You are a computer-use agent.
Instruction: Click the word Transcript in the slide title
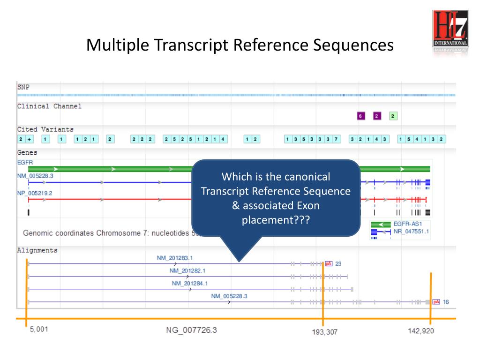(x=184, y=45)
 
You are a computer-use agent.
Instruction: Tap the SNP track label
(x=22, y=87)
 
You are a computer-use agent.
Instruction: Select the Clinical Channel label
(x=49, y=106)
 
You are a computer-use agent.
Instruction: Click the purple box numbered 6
(x=360, y=116)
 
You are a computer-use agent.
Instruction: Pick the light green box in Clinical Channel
(x=393, y=116)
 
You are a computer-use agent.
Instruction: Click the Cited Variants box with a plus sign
(x=29, y=139)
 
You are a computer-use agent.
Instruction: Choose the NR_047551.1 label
(x=411, y=232)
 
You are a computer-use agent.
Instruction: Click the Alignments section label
(x=37, y=250)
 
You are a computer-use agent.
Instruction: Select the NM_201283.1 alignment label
(x=175, y=258)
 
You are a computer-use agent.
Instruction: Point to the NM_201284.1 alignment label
(x=190, y=283)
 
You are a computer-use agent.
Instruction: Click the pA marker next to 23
(x=329, y=263)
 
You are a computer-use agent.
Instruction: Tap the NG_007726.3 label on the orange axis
(x=191, y=330)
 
